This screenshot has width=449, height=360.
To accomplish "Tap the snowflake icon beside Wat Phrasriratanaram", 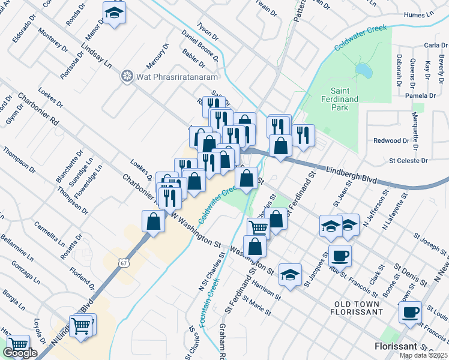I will point(127,76).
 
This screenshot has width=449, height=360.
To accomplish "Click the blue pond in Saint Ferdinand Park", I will point(364,71).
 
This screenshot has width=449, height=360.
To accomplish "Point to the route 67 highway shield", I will point(123,262).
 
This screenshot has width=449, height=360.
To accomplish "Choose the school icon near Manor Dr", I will point(114,13).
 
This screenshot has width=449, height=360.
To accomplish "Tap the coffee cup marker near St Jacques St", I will point(340,255).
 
